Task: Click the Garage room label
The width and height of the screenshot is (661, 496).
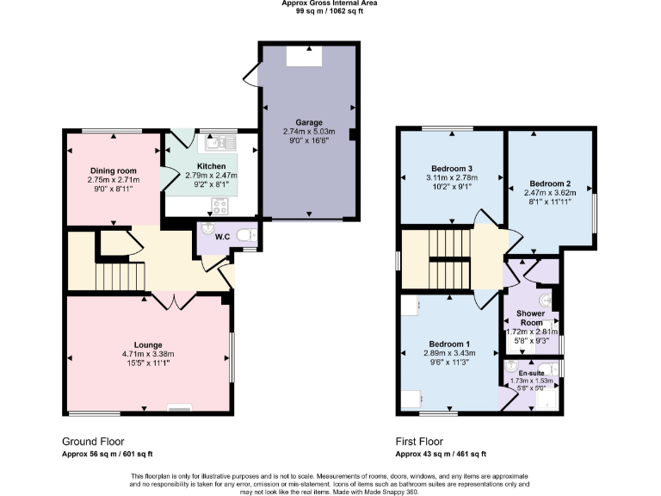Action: click(x=308, y=122)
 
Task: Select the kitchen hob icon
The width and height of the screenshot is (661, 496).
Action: click(x=219, y=205)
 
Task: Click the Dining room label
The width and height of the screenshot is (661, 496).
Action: click(x=113, y=170)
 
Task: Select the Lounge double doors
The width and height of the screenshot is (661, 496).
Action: click(x=173, y=301)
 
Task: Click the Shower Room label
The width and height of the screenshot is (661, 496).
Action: click(x=531, y=317)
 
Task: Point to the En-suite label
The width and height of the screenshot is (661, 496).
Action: click(x=530, y=373)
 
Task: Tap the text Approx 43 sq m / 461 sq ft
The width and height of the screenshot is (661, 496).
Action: click(x=441, y=454)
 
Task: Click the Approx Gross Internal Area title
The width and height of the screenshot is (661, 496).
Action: click(x=330, y=3)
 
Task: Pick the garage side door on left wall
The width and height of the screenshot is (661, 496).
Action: click(x=250, y=76)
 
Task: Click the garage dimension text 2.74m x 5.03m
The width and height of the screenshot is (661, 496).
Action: click(x=308, y=132)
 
